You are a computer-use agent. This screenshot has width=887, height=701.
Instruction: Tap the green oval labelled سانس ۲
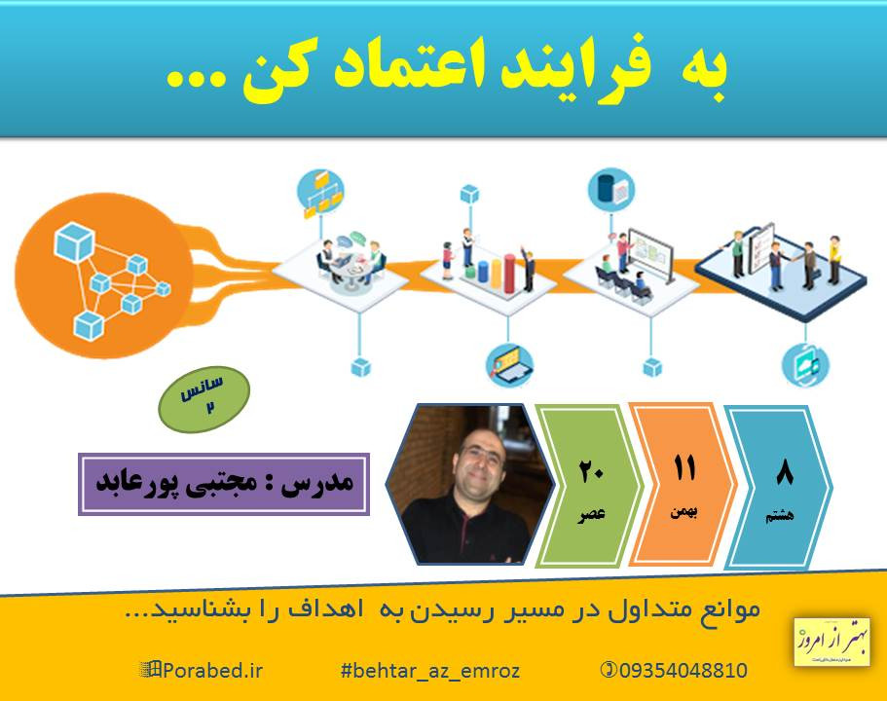tap(204, 393)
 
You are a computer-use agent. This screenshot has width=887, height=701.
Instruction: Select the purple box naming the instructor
tap(223, 484)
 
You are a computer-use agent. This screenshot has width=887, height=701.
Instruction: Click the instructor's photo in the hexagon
tap(458, 484)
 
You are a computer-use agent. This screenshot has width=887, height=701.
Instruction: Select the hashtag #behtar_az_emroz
tap(430, 670)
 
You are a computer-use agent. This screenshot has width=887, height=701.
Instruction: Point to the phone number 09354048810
tap(676, 670)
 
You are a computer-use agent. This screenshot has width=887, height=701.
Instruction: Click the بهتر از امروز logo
tap(832, 640)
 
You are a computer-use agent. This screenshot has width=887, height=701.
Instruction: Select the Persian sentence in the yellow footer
tap(443, 609)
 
